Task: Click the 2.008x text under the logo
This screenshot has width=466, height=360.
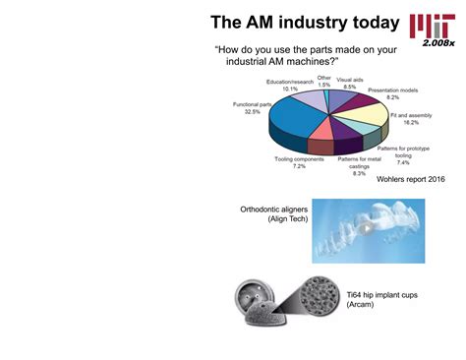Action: pos(438,44)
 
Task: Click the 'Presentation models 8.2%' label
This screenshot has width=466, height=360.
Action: pos(391,94)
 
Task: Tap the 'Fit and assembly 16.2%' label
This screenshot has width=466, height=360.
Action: pos(411,119)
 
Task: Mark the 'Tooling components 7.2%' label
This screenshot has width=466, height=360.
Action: pos(299,162)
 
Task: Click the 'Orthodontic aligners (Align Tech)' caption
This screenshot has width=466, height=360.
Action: pos(274,214)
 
